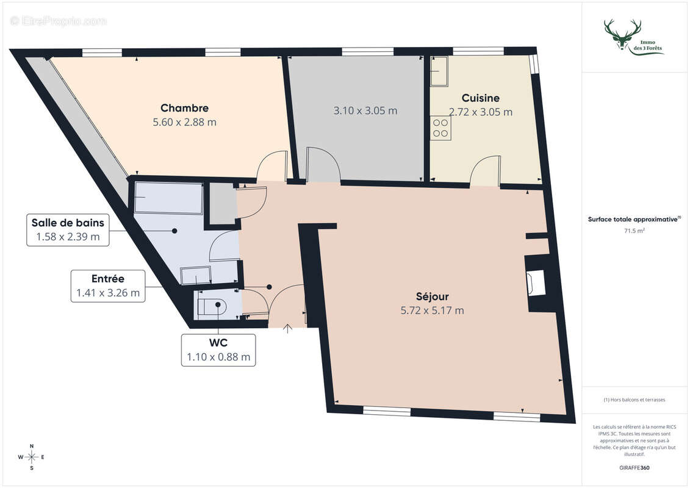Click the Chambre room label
184,108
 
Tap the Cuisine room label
480,98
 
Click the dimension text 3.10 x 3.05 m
365,110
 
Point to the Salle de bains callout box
68,229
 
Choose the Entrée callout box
108,285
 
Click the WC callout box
218,350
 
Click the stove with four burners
440,127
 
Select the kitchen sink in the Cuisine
439,71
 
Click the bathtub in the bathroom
168,198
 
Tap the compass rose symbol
32,456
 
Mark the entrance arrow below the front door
287,329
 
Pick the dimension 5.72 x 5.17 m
432,310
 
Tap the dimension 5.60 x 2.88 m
184,121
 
